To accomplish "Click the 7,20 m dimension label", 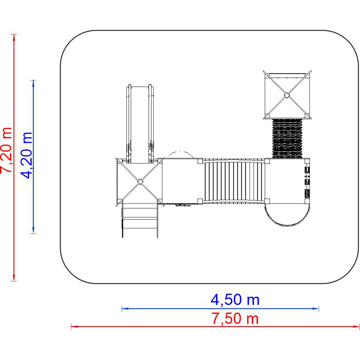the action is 6,150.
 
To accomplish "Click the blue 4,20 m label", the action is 26,155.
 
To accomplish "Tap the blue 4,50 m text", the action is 235,300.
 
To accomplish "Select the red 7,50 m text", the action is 235,319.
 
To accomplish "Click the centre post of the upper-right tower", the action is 287,95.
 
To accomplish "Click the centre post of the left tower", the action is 140,181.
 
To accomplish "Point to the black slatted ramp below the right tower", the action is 287,139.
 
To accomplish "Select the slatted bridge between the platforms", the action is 233,181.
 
